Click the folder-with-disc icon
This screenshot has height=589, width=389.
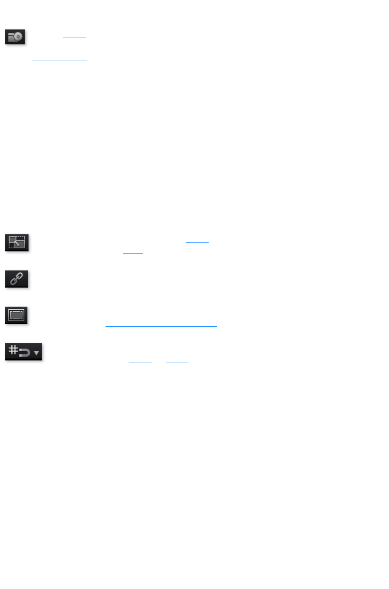point(15,37)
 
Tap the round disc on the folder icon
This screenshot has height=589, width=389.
point(18,37)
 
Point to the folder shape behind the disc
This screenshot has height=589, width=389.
point(11,38)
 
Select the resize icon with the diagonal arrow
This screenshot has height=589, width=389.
point(17,243)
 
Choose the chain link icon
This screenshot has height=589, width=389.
point(17,279)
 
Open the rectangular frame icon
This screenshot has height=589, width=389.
point(16,315)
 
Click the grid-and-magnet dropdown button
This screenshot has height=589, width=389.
point(23,352)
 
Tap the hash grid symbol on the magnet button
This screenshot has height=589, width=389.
point(13,349)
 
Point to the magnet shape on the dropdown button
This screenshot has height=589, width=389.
point(25,353)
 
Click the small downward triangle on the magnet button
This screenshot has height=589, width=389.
point(36,353)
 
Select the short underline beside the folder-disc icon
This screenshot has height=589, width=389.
point(74,38)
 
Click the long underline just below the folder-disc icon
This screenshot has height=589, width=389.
point(59,61)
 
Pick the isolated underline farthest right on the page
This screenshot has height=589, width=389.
point(246,123)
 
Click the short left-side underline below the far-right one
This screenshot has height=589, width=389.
point(43,147)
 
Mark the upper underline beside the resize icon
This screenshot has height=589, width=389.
point(197,242)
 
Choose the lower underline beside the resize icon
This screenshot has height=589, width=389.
point(133,253)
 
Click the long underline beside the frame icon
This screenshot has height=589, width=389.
point(161,326)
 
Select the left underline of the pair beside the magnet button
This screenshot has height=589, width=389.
point(140,363)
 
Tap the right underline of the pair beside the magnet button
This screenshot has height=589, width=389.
point(177,363)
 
